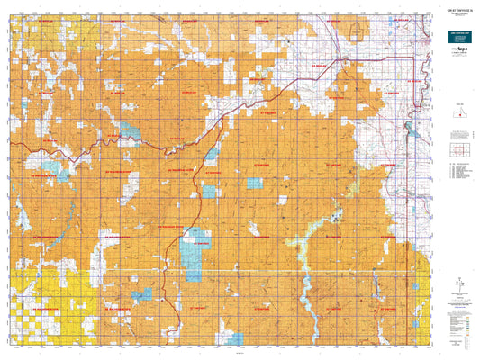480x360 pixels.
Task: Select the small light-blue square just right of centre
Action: point(255,184)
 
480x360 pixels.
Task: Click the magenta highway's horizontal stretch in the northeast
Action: point(378,59)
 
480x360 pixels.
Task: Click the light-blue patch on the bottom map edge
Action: point(236,339)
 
